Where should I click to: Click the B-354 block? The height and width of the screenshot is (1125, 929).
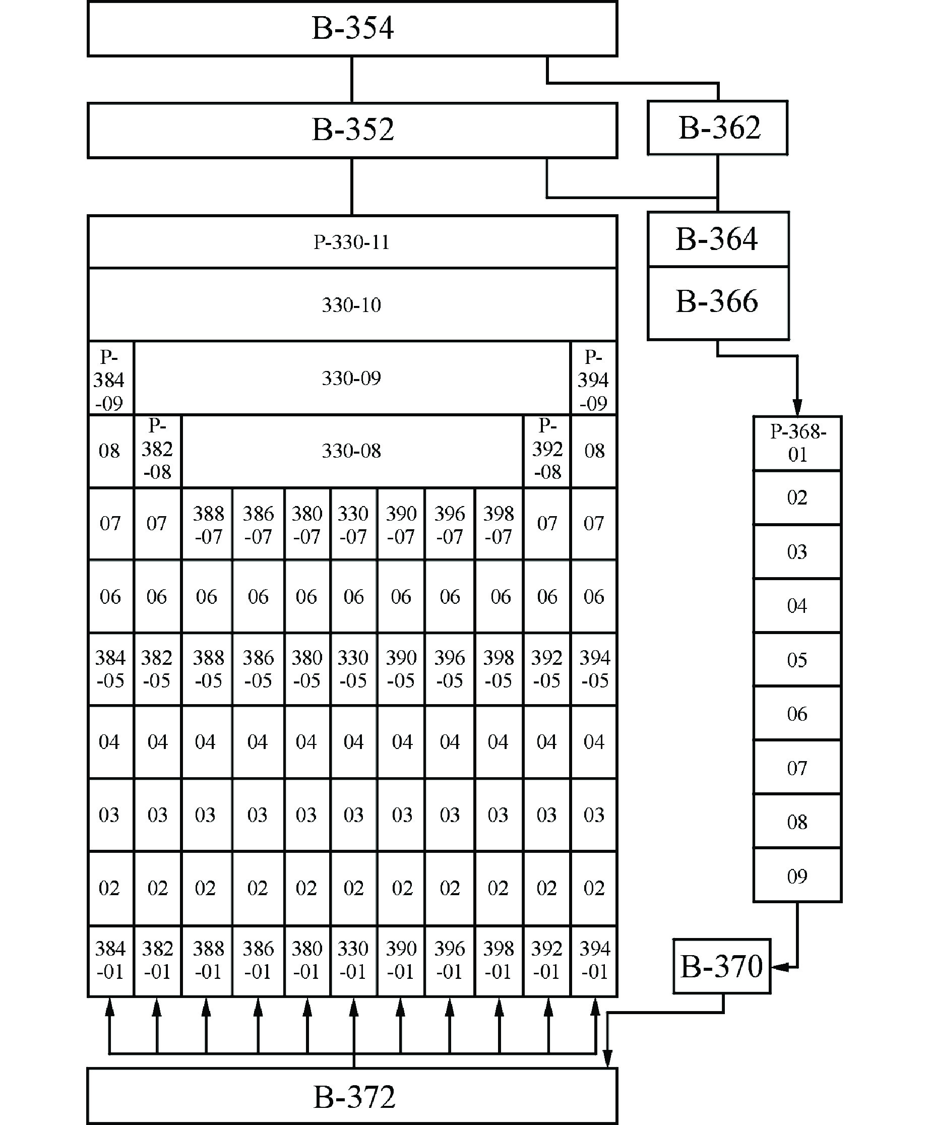(x=352, y=29)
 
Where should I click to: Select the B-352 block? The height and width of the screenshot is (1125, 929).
(x=352, y=130)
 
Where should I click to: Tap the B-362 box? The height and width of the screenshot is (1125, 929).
(x=717, y=128)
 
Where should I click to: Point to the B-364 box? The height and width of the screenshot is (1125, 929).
(x=717, y=238)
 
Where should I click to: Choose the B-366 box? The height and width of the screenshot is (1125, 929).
(x=717, y=302)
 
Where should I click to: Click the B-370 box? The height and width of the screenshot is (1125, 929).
(x=721, y=966)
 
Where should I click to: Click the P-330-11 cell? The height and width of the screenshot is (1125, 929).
(x=352, y=242)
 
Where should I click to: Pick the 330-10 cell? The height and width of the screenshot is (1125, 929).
(x=352, y=304)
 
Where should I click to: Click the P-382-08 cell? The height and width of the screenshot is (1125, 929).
(x=157, y=450)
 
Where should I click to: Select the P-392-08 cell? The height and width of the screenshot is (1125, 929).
(x=547, y=450)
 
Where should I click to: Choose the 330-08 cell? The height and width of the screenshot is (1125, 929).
(x=352, y=451)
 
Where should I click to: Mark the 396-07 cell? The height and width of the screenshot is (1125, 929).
(x=450, y=524)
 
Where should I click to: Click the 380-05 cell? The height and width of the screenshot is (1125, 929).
(x=307, y=669)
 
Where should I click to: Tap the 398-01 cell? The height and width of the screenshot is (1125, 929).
(x=499, y=961)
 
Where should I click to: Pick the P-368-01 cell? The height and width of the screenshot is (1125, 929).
(x=797, y=443)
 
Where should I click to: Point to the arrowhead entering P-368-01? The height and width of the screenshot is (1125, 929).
(x=797, y=407)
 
